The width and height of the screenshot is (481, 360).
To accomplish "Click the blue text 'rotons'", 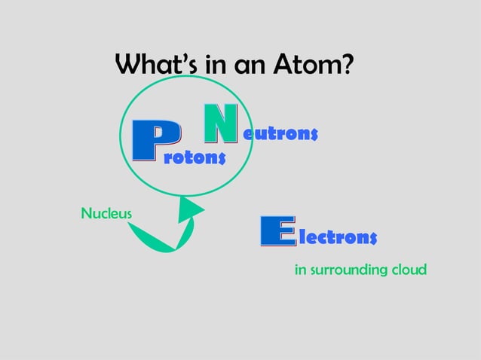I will point(195,157).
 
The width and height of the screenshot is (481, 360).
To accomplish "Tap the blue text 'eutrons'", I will point(280,134).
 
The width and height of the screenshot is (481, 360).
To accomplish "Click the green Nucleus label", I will point(106,213).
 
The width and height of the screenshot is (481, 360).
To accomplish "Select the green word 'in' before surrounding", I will point(300,269).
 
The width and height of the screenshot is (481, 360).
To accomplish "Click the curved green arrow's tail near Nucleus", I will point(133,225).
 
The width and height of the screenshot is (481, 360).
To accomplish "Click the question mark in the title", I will point(347,66).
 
